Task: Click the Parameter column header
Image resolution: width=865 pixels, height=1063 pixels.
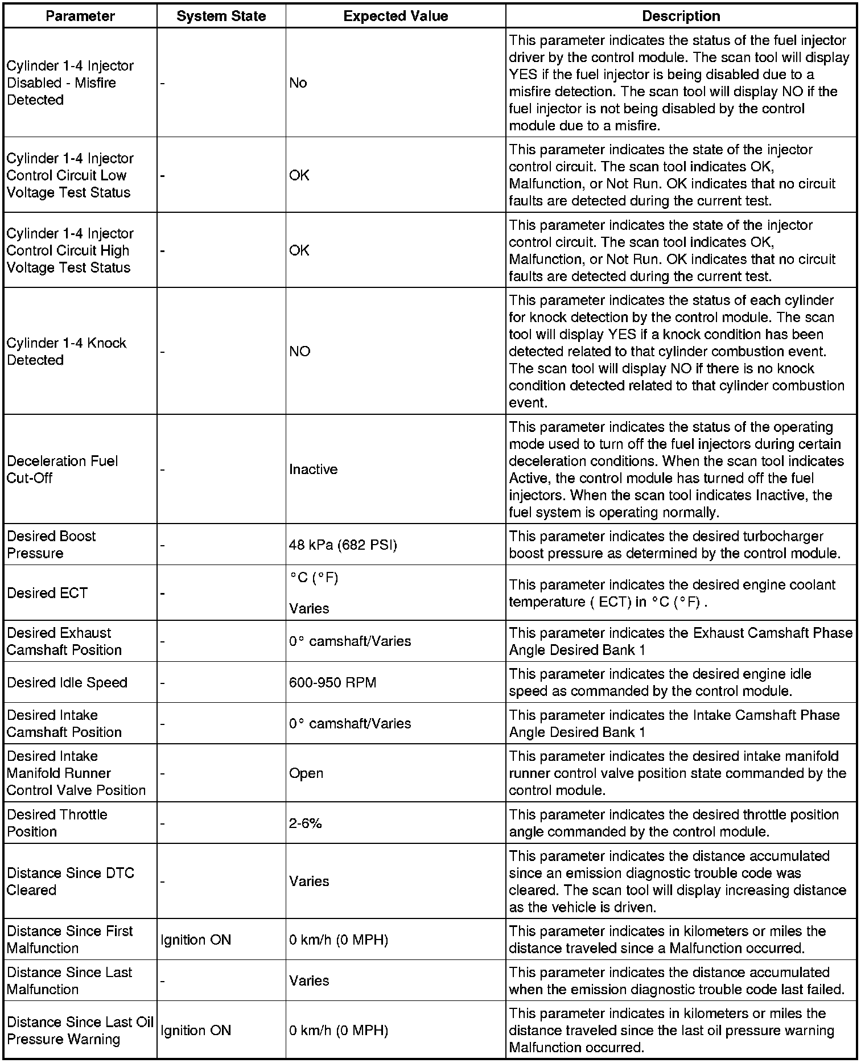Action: [80, 17]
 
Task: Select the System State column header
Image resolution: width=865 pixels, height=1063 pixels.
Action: [221, 17]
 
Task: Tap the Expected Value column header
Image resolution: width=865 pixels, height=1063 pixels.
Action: [396, 17]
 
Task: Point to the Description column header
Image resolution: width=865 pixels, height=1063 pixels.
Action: [681, 17]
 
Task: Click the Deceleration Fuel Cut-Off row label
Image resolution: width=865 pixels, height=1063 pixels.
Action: [63, 469]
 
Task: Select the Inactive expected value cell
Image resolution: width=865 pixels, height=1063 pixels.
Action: [314, 469]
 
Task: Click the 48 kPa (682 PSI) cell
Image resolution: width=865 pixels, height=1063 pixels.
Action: [343, 545]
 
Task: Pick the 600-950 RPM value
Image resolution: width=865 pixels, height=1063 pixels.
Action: [332, 682]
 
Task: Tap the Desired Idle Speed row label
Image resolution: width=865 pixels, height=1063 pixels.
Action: [67, 682]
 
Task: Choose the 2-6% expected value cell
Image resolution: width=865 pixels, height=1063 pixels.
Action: [306, 823]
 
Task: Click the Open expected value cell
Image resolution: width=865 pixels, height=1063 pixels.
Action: [306, 773]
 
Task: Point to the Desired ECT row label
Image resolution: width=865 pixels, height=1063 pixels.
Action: [47, 593]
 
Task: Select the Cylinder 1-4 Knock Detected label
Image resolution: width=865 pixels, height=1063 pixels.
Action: [67, 352]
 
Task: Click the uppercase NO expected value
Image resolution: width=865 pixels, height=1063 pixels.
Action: [300, 352]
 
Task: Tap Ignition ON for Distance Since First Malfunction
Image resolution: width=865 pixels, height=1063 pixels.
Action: [196, 940]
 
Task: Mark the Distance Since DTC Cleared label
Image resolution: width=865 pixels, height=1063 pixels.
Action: [71, 881]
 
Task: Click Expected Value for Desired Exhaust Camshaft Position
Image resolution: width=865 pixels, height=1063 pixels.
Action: [350, 641]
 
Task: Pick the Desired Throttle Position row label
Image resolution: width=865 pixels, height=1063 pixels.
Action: [57, 823]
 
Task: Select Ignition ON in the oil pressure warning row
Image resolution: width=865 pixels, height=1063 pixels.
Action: [196, 1031]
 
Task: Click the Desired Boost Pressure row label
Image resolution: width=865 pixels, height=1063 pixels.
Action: [51, 545]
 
